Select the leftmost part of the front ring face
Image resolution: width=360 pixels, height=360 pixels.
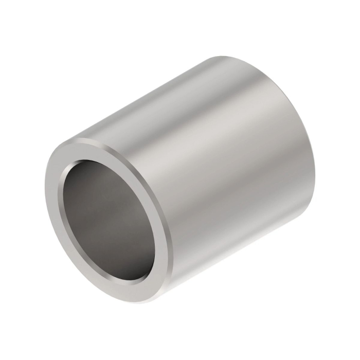coord(51,206)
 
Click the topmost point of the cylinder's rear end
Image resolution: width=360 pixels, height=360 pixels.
coord(226,57)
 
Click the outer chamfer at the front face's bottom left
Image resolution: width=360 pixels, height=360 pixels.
coord(72,267)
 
